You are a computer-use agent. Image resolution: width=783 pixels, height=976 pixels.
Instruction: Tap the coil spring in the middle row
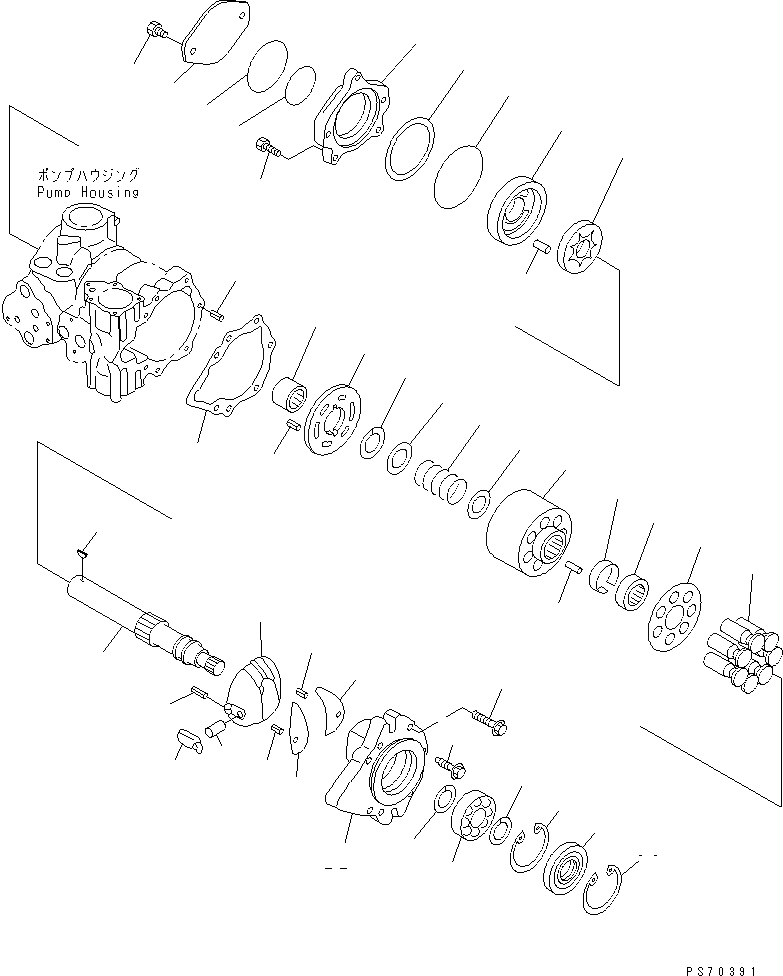[440, 479]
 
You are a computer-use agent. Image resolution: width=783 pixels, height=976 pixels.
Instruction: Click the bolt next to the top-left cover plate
[155, 31]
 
